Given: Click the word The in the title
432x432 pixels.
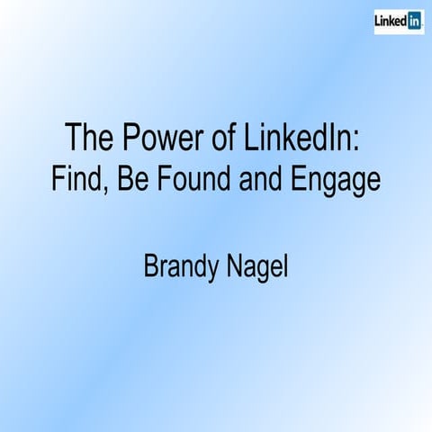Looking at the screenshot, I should pos(89,139).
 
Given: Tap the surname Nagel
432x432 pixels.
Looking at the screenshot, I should pos(257,268).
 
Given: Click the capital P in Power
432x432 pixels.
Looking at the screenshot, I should pos(129,139).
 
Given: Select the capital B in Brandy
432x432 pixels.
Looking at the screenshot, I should pos(152,266).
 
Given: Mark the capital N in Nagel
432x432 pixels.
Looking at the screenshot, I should pos(234,266).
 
